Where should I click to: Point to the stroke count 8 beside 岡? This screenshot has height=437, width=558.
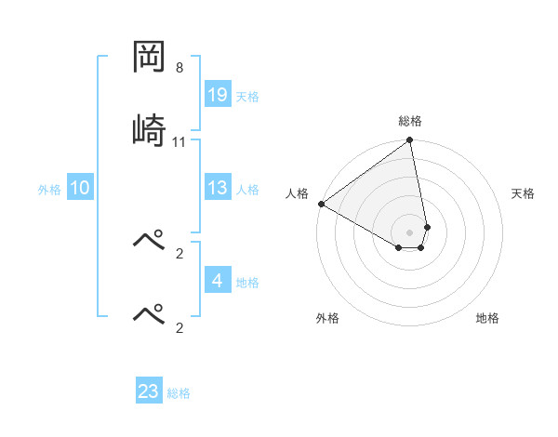point(179,68)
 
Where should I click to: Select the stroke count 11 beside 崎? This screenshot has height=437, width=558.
point(179,142)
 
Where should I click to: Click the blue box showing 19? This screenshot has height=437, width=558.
point(218,94)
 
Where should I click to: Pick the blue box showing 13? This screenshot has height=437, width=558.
point(218,188)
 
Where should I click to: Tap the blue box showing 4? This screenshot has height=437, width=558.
point(218,280)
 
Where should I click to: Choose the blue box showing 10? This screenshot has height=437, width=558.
point(80,188)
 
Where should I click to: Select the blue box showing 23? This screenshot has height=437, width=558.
point(149,391)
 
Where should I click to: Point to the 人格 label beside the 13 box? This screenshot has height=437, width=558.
point(247,190)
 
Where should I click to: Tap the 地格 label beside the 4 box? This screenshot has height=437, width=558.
point(247,283)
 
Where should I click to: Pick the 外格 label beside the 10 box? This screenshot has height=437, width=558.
point(49,190)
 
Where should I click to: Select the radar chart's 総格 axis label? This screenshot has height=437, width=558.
point(410,121)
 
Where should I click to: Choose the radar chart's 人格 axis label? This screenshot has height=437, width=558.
point(297,193)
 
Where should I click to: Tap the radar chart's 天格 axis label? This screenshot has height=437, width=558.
point(524,193)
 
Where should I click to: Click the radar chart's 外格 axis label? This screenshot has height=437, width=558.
point(327,318)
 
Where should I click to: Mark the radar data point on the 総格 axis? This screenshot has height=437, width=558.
point(410,141)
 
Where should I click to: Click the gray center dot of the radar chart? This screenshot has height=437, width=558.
point(410,232)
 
